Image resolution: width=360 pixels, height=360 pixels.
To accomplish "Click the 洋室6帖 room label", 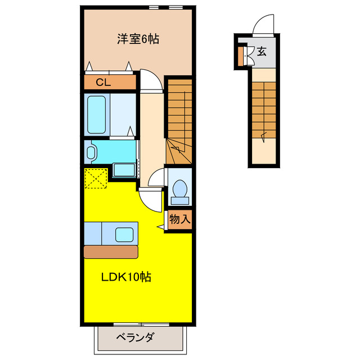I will tap(138, 39).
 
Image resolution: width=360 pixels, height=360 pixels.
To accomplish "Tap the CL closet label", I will tap(102, 82).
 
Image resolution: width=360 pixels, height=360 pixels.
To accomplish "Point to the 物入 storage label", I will tap(180, 219).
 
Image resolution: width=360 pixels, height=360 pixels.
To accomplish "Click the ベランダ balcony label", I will tap(135, 338).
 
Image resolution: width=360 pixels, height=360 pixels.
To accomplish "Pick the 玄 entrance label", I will tap(262, 52).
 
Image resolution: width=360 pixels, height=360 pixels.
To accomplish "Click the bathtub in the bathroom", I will tap(96, 114).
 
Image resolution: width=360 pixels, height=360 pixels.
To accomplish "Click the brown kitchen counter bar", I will tap(110, 251).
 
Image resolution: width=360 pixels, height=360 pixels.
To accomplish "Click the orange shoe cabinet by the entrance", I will tap(240, 55).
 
